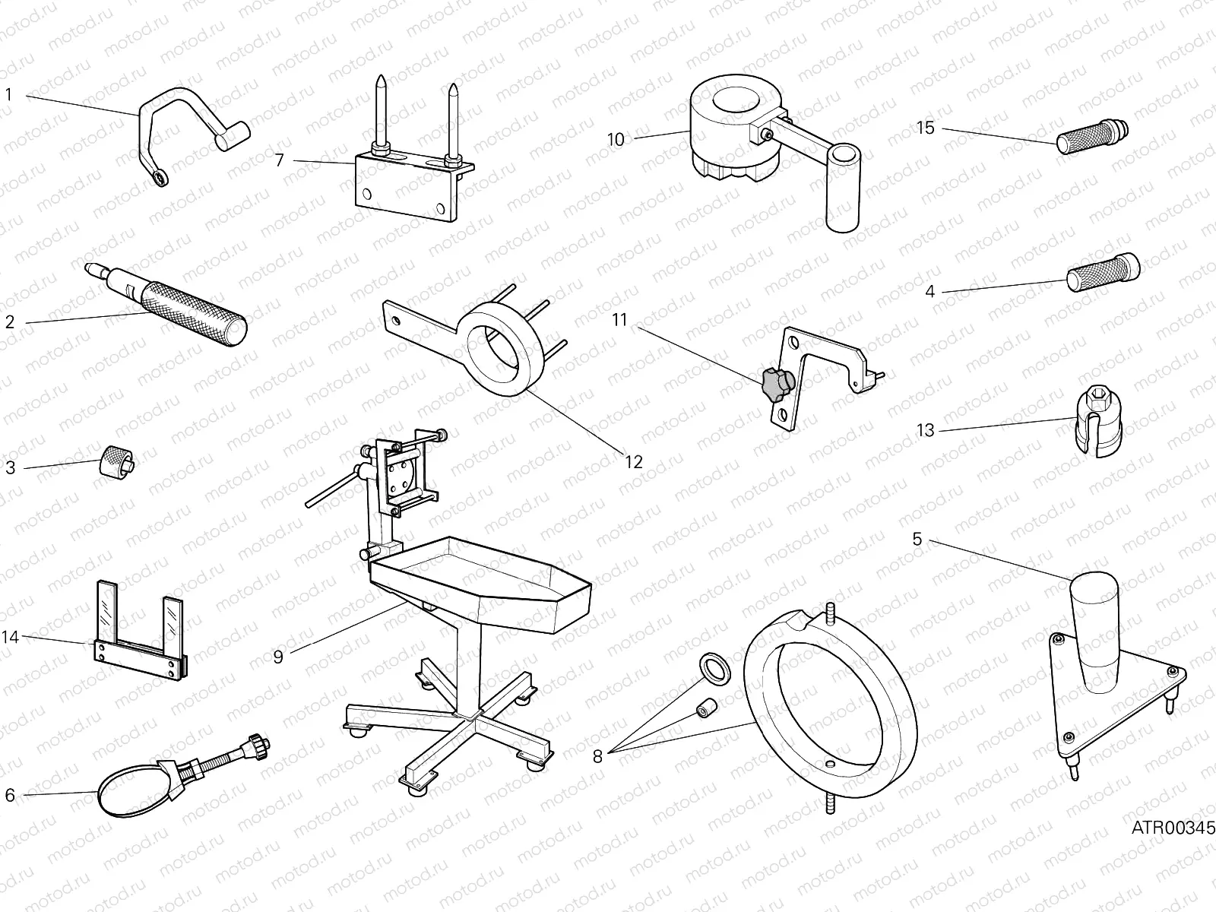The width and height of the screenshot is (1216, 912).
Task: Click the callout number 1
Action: point(9,96)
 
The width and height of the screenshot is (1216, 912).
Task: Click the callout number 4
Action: point(929,291)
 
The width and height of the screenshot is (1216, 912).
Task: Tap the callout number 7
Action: point(279,160)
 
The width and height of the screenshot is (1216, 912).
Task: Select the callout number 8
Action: point(597,755)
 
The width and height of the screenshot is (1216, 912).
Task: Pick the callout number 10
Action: point(616,139)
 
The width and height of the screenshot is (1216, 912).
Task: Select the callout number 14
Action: point(10,637)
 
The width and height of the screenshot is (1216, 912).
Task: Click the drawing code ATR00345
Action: point(1173,828)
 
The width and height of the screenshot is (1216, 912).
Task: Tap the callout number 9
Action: point(278,657)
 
